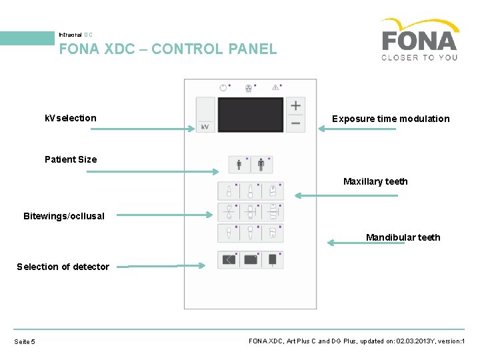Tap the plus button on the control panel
pyautogui.click(x=295, y=105)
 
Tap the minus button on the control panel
pyautogui.click(x=295, y=123)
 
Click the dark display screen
pyautogui.click(x=251, y=115)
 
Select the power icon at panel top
pyautogui.click(x=223, y=87)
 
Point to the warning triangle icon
pyautogui.click(x=275, y=87)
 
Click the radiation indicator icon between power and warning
pyautogui.click(x=249, y=87)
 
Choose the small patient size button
pyautogui.click(x=240, y=165)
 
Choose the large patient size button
pyautogui.click(x=261, y=165)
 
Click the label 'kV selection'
pyautogui.click(x=71, y=118)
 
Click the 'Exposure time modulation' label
pyautogui.click(x=391, y=119)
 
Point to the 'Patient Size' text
pyautogui.click(x=71, y=159)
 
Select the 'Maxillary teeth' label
pyautogui.click(x=375, y=181)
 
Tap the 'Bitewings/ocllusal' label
pyautogui.click(x=64, y=216)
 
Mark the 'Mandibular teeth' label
pyautogui.click(x=403, y=237)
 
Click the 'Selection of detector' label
pyautogui.click(x=63, y=267)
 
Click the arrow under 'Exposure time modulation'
pyautogui.click(x=357, y=129)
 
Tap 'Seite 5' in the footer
pyautogui.click(x=25, y=342)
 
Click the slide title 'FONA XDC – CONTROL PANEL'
pyautogui.click(x=167, y=49)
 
